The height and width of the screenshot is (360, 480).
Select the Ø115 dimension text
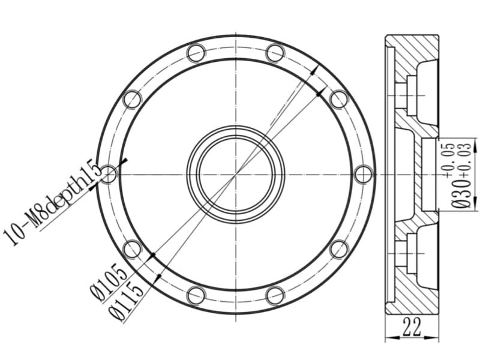coord(125,302)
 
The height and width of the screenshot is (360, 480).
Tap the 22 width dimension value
coord(412,326)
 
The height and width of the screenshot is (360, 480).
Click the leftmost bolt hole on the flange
coord(109,174)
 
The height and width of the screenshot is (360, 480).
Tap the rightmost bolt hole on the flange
coord(364,174)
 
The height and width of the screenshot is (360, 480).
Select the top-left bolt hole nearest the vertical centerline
coord(196,53)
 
